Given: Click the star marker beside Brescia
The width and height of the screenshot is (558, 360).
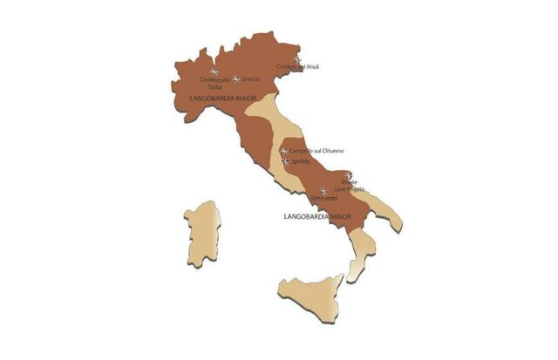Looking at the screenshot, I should (x=235, y=78).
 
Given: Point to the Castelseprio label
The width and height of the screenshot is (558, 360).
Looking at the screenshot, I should (x=214, y=80).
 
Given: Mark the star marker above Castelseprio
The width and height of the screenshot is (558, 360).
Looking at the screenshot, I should (x=214, y=71).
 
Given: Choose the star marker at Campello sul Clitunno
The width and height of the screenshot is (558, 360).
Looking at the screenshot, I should (x=284, y=151).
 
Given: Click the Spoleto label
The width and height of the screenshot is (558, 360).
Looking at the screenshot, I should (x=301, y=161).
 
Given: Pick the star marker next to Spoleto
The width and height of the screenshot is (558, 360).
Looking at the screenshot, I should (x=286, y=161).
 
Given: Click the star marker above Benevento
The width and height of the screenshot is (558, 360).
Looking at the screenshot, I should (x=323, y=190).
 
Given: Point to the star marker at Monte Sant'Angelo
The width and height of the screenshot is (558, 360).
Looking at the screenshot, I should (x=348, y=175).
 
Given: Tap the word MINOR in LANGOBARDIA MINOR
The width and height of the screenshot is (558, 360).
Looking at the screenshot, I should (x=339, y=214).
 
